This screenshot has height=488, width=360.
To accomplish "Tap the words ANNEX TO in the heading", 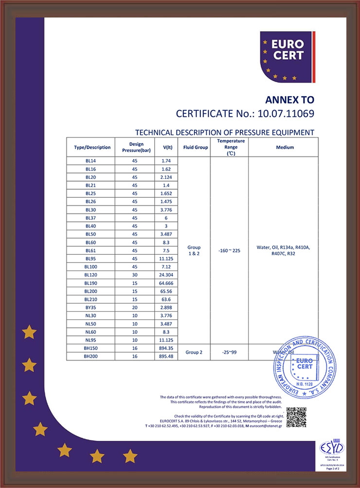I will click(289, 100).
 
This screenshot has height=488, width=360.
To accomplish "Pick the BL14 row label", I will click(91, 161).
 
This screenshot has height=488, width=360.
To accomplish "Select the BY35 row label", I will click(91, 307).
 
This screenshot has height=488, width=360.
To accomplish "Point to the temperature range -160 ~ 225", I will click(229, 250).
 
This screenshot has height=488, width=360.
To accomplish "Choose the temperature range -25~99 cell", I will click(229, 352).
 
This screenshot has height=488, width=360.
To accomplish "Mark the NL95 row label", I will click(91, 340).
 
